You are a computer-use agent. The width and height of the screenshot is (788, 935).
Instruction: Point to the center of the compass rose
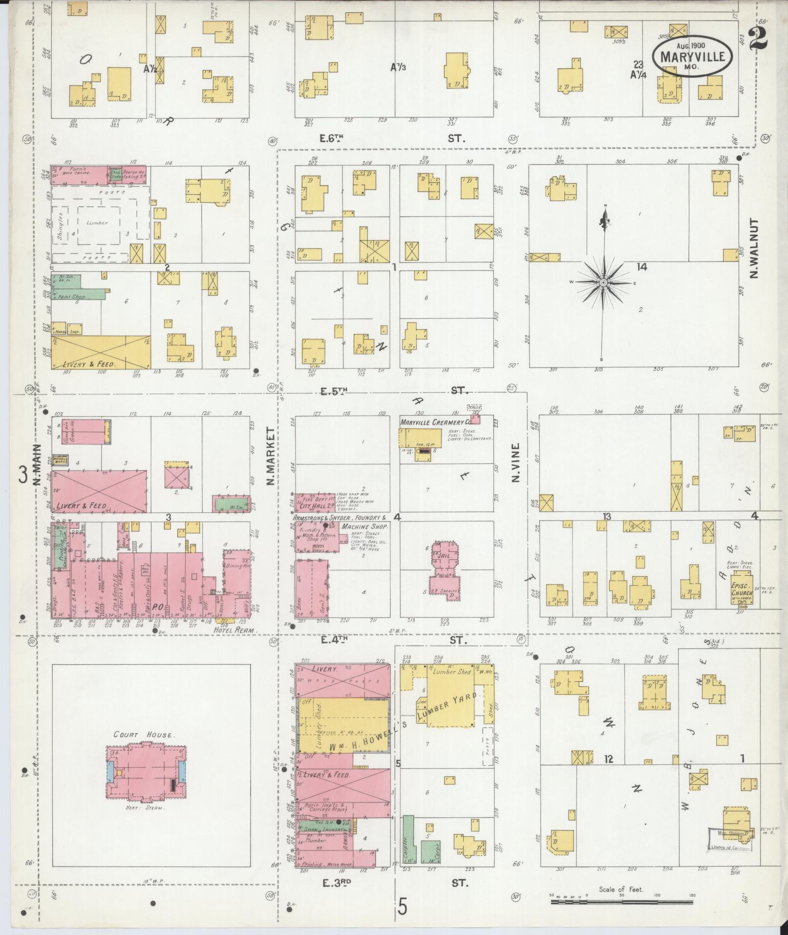coord(603,283)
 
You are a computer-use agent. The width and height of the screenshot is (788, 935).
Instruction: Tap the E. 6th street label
coord(332,139)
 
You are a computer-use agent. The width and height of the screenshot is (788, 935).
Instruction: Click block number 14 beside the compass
coord(641,266)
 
